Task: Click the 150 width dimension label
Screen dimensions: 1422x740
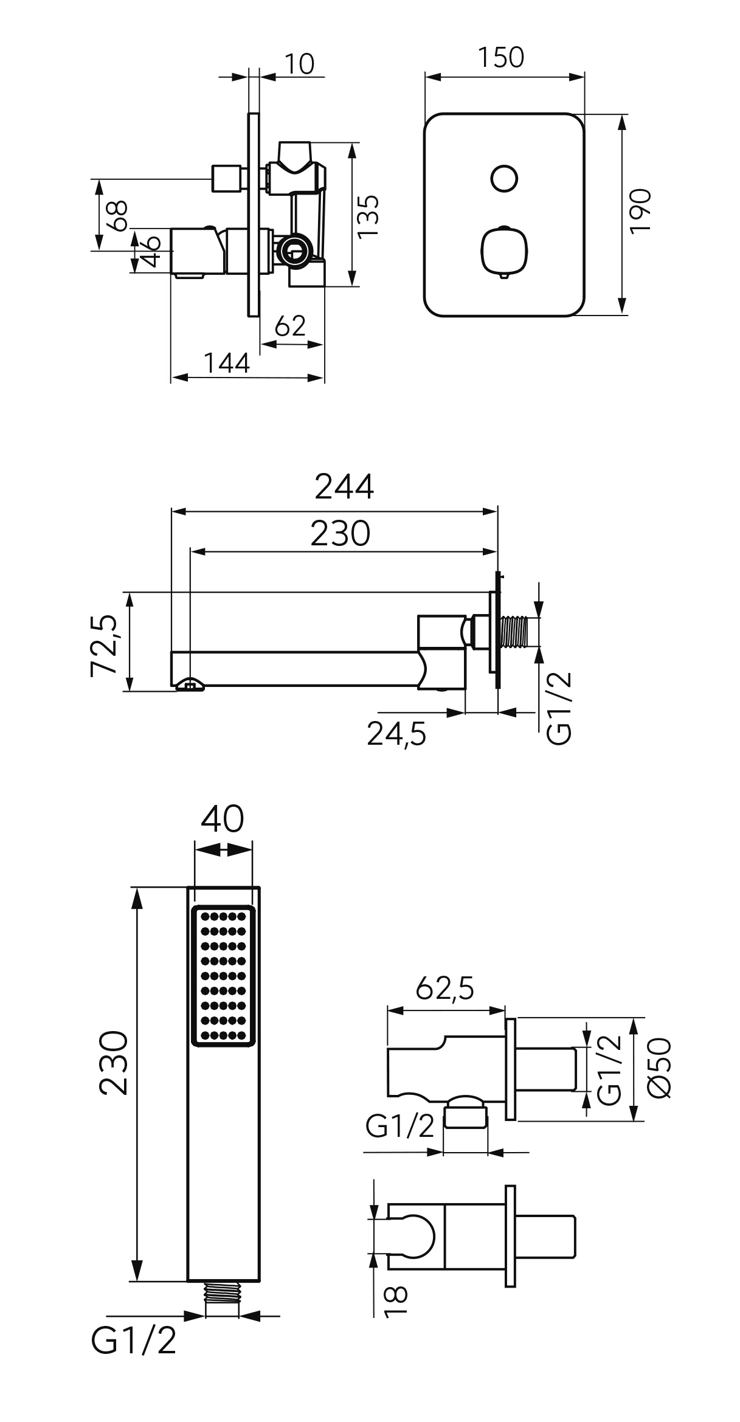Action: pyautogui.click(x=500, y=58)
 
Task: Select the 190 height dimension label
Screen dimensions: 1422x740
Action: pyautogui.click(x=641, y=210)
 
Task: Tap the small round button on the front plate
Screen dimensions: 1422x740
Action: pyautogui.click(x=503, y=178)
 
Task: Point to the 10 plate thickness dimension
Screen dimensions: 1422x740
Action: pyautogui.click(x=299, y=64)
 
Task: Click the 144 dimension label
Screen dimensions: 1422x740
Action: pyautogui.click(x=226, y=364)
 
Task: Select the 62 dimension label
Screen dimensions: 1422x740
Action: pyautogui.click(x=290, y=326)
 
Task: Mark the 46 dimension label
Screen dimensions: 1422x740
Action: pyautogui.click(x=149, y=250)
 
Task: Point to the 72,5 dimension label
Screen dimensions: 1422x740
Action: pyautogui.click(x=104, y=644)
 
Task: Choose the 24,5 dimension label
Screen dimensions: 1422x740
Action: pyautogui.click(x=396, y=734)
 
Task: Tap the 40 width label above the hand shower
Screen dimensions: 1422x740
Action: pyautogui.click(x=223, y=818)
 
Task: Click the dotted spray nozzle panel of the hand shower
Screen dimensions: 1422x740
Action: pyautogui.click(x=223, y=975)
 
